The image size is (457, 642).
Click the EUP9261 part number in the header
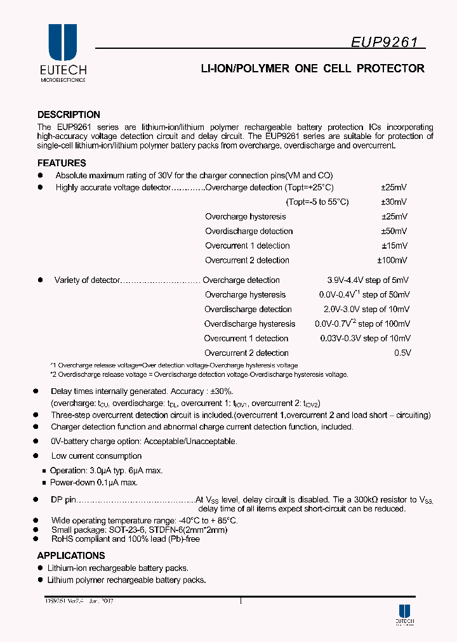[x=385, y=42]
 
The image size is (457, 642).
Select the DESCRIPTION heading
[x=69, y=115]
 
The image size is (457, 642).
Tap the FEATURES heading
[x=62, y=163]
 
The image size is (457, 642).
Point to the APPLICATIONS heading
[x=71, y=556]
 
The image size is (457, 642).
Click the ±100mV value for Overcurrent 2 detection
[x=392, y=260]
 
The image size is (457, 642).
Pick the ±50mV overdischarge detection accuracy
[x=394, y=231]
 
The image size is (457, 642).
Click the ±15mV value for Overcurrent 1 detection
[x=394, y=246]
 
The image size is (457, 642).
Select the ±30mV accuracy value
[x=394, y=202]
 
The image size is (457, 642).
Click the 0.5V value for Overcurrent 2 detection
[x=403, y=353]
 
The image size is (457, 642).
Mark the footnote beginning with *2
[x=199, y=374]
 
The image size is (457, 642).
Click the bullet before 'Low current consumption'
[x=37, y=455]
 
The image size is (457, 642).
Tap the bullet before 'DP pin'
[x=37, y=499]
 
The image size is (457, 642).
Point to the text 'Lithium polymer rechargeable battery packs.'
[x=126, y=580]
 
